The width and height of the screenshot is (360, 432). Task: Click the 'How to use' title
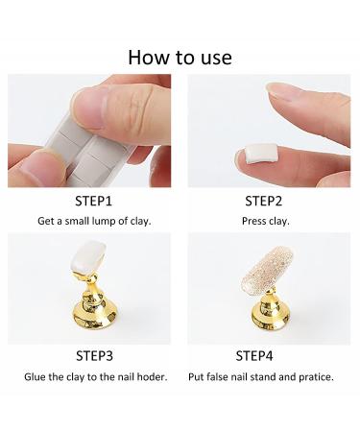tap(180, 57)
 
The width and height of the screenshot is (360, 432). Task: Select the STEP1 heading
tap(95, 202)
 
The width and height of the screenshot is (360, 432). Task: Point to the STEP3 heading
tap(95, 357)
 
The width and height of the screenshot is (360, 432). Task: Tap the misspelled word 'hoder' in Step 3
tap(153, 376)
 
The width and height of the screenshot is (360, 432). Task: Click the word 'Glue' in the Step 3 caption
tap(36, 376)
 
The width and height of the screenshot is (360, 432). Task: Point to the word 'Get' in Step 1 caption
tap(47, 221)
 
